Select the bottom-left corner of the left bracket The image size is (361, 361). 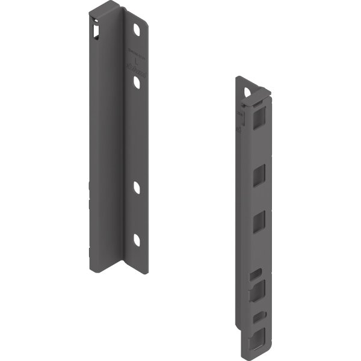click(x=92, y=271)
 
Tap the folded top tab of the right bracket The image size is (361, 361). click(x=260, y=91)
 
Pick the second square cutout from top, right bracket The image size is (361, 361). click(x=256, y=177)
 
